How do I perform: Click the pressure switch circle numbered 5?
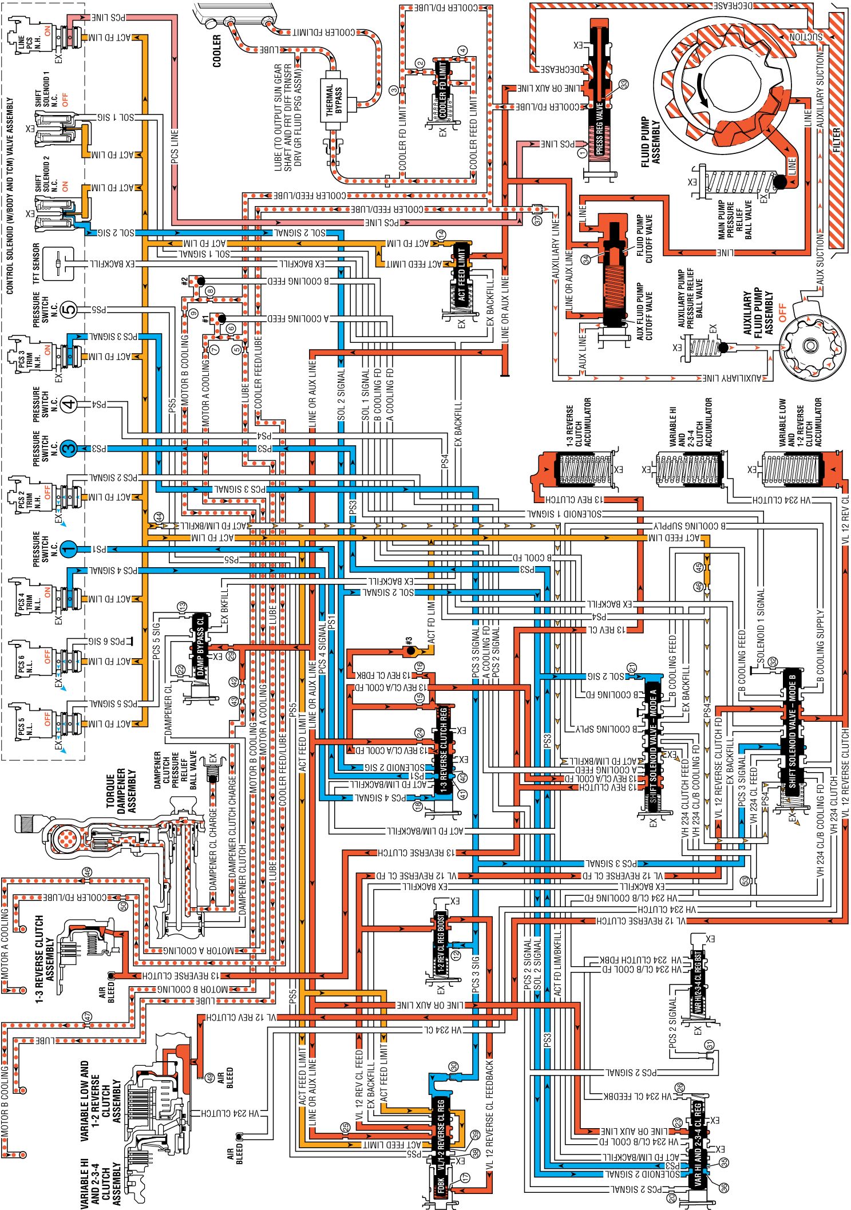(69, 310)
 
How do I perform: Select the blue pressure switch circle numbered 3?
(69, 448)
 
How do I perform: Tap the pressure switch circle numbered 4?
(69, 405)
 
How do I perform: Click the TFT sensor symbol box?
(59, 264)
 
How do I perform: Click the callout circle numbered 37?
(537, 220)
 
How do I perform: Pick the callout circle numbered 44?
(159, 517)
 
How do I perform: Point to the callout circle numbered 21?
(632, 668)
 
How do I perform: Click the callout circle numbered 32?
(773, 662)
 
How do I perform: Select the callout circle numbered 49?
(210, 1078)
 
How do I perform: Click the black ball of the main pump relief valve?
(779, 182)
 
